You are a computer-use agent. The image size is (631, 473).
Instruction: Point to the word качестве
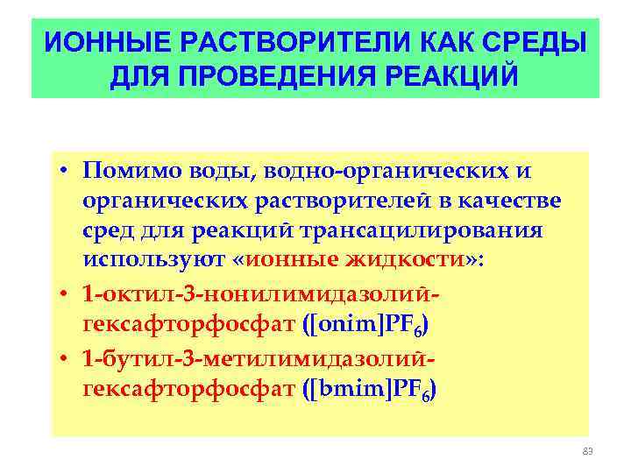click(x=513, y=201)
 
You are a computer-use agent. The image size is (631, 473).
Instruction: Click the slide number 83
click(x=588, y=451)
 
